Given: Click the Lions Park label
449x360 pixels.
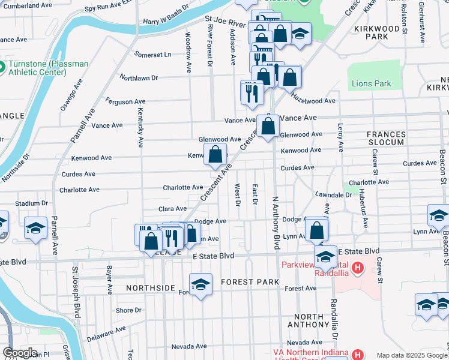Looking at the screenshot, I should coord(371,84).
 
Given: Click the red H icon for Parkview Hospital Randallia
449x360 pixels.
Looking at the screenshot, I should coord(358,267).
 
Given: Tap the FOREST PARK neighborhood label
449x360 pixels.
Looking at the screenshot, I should coord(250,282).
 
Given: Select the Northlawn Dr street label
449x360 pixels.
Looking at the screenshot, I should coord(139,78).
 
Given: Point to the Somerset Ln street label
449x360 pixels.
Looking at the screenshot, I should coord(154,55).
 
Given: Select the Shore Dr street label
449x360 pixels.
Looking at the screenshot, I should coord(128,310).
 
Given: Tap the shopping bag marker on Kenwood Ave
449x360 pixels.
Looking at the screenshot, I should coord(215,154).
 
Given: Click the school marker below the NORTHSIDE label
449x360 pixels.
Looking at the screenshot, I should coord(200,284).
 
